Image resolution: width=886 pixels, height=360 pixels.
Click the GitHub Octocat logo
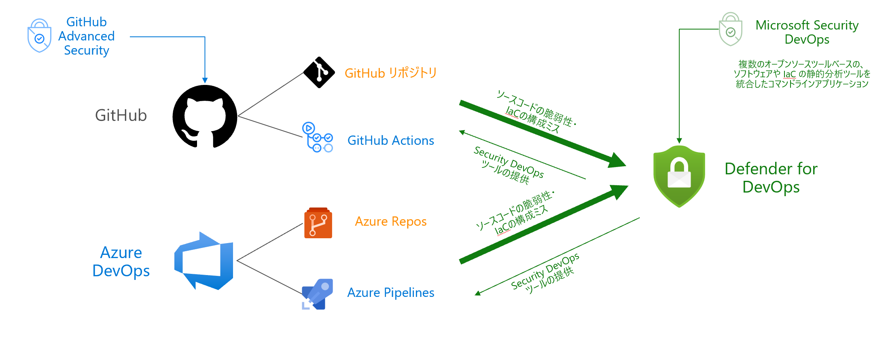tap(205, 116)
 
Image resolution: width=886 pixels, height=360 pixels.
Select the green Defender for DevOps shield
tap(679, 176)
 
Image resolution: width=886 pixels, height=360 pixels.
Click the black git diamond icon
tap(319, 72)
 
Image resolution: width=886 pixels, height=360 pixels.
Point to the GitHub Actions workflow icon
tap(318, 138)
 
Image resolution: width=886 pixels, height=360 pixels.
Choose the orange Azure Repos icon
tap(318, 223)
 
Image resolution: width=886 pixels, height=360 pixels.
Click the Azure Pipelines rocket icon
tap(318, 294)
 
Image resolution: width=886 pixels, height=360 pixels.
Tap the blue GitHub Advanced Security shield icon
tap(39, 36)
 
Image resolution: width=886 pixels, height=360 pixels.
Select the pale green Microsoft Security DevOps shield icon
tap(730, 29)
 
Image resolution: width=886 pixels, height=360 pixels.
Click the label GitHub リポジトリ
tap(390, 73)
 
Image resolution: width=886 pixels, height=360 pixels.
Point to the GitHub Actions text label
tap(390, 140)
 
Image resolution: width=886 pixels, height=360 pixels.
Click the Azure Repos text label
tap(390, 221)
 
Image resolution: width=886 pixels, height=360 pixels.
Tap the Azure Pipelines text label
tap(390, 292)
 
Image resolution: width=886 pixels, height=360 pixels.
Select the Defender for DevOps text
tap(771, 178)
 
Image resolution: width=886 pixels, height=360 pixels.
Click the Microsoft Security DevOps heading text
tap(807, 32)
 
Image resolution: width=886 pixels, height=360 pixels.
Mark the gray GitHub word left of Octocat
tap(121, 115)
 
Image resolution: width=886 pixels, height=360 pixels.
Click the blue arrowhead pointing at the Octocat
tap(205, 80)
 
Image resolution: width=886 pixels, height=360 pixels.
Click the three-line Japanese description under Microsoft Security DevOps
tap(802, 74)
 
